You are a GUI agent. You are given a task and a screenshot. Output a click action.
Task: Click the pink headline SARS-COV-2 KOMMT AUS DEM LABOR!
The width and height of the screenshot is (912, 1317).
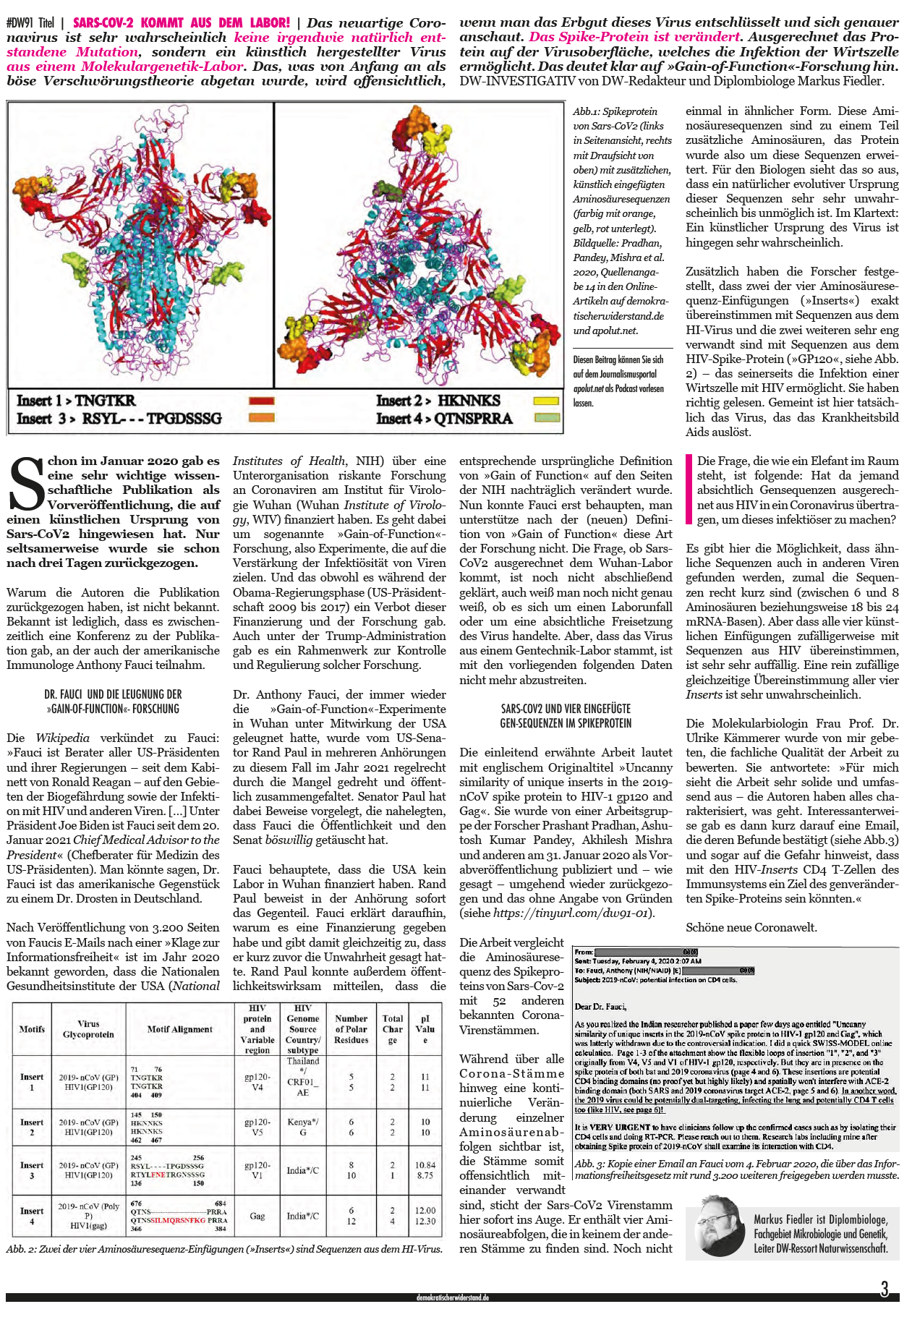click(x=182, y=22)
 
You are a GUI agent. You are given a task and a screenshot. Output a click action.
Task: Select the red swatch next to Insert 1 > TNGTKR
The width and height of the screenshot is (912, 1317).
click(x=261, y=401)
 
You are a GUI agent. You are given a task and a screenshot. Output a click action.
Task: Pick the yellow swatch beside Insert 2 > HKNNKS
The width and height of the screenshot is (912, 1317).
click(x=546, y=401)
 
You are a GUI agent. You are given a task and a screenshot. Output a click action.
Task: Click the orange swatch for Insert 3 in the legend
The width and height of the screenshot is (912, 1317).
click(x=261, y=418)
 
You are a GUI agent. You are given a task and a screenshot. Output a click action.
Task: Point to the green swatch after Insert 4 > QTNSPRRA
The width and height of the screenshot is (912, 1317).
click(x=546, y=418)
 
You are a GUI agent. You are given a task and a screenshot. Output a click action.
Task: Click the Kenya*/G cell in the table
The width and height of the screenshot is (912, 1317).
click(x=302, y=1127)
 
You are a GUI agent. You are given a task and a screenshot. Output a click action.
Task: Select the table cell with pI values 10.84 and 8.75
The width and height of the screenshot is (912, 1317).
click(x=425, y=1170)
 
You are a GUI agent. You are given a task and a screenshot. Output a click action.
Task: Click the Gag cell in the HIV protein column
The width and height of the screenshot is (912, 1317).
click(x=257, y=1216)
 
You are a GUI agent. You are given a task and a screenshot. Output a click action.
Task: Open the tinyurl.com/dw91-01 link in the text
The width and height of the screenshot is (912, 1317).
click(x=573, y=913)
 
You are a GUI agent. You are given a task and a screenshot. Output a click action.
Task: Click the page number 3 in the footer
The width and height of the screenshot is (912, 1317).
click(x=884, y=1289)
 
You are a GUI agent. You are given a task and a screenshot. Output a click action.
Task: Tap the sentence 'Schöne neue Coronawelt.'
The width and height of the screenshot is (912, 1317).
click(x=741, y=927)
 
